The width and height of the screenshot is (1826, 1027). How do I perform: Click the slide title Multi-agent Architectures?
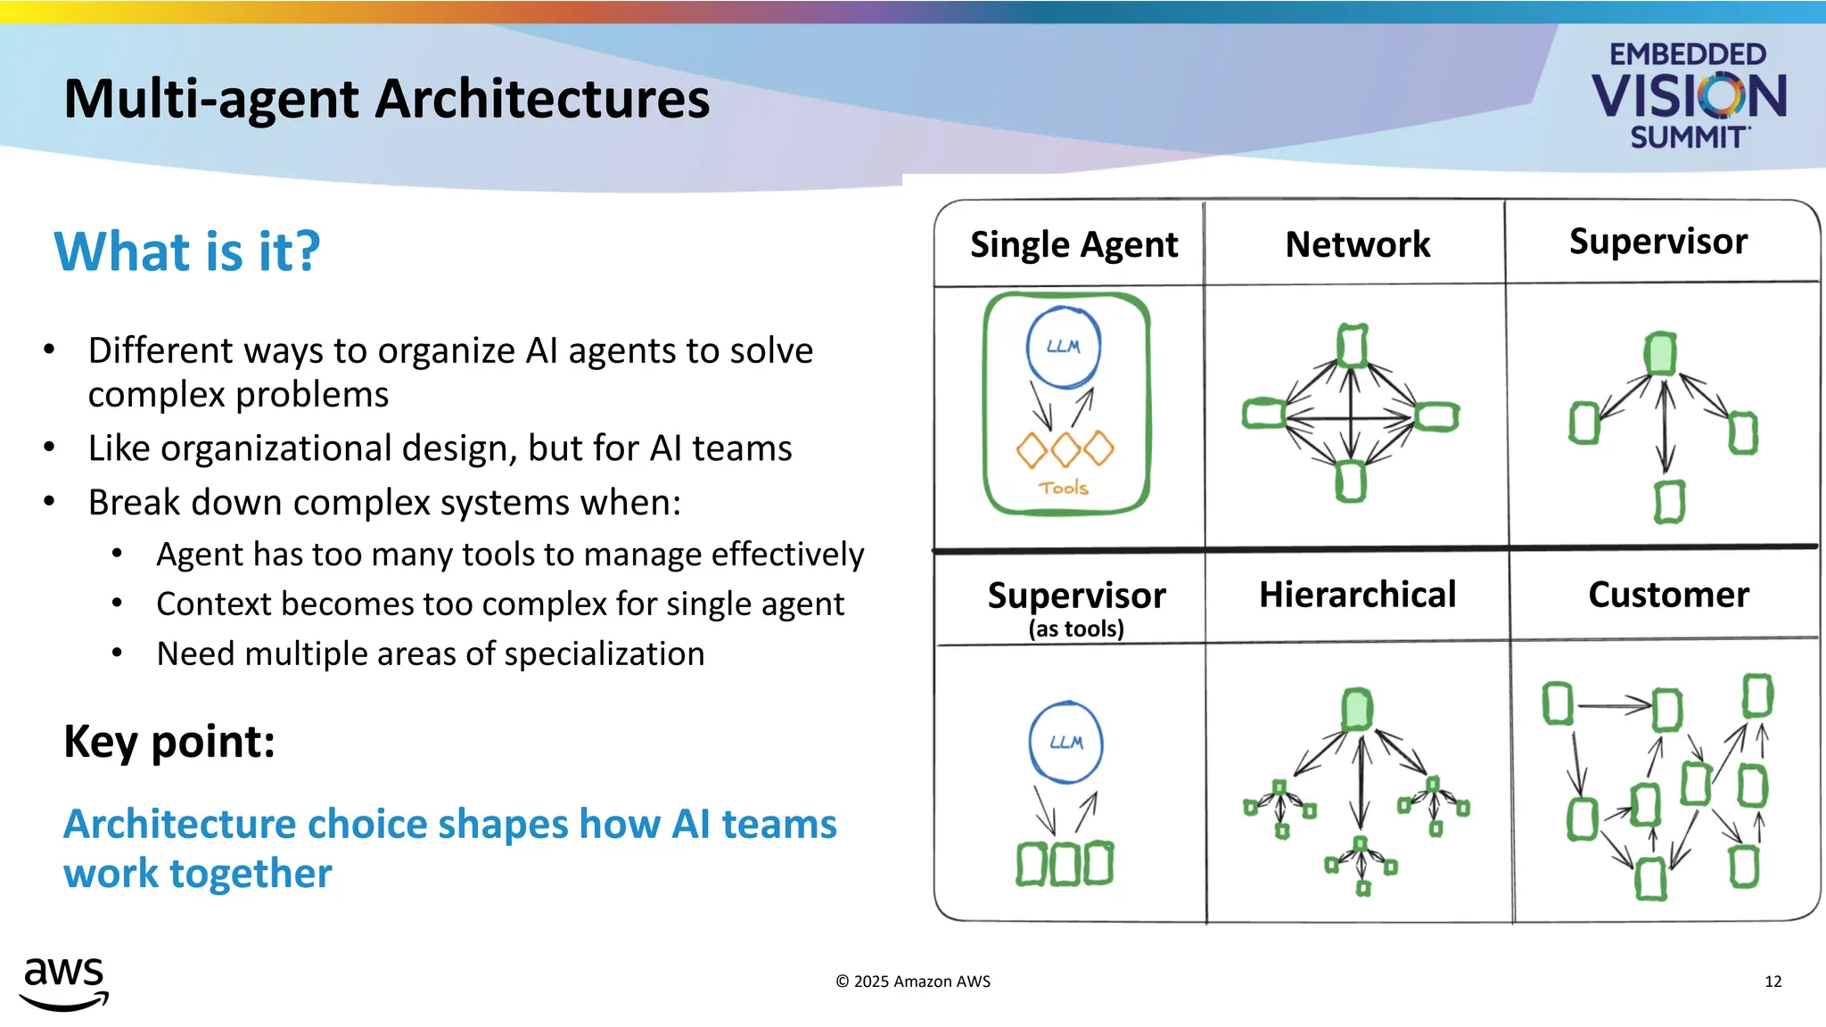pos(387,98)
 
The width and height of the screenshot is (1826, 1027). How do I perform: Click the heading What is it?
pos(187,251)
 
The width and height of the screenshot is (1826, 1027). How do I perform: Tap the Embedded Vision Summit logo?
pos(1689,96)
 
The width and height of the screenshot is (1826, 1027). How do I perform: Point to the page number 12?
pos(1773,982)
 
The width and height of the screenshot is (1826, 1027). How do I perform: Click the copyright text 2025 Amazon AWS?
pos(913,982)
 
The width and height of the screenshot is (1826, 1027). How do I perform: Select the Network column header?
pos(1357,244)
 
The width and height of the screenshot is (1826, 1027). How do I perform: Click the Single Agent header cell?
pos(1073,244)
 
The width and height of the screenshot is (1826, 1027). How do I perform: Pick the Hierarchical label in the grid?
pos(1357,595)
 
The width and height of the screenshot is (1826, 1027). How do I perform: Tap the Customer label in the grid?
pos(1668,595)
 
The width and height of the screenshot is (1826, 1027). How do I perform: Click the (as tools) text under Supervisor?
pos(1076,629)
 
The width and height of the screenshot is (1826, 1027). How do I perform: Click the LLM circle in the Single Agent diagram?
pos(1063,347)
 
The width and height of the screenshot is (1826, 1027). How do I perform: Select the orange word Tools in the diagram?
pos(1064,488)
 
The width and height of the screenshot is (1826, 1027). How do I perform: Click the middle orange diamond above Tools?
pos(1065,449)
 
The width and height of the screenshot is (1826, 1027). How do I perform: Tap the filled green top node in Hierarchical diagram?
pos(1357,710)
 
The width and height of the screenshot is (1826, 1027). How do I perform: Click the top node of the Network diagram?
pos(1352,346)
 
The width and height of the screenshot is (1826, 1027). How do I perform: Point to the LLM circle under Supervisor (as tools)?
pos(1065,743)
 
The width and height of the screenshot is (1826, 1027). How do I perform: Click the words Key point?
pos(169,742)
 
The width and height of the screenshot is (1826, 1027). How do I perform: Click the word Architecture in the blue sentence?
pos(180,824)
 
